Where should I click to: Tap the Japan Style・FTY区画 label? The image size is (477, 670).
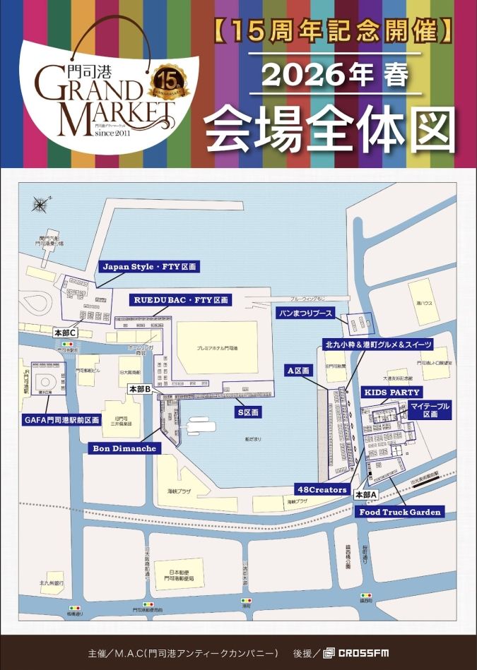point(148,267)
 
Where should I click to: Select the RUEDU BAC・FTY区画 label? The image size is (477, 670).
point(181,300)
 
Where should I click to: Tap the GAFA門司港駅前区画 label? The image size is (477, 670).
point(61,419)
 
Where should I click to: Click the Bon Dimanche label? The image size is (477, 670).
point(124,448)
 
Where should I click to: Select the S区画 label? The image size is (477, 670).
point(249,411)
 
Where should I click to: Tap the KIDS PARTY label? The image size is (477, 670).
point(391,392)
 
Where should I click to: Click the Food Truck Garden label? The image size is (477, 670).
point(400,512)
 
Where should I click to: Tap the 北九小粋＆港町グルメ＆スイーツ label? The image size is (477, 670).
point(377,344)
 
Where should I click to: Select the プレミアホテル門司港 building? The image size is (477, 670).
point(217,349)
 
